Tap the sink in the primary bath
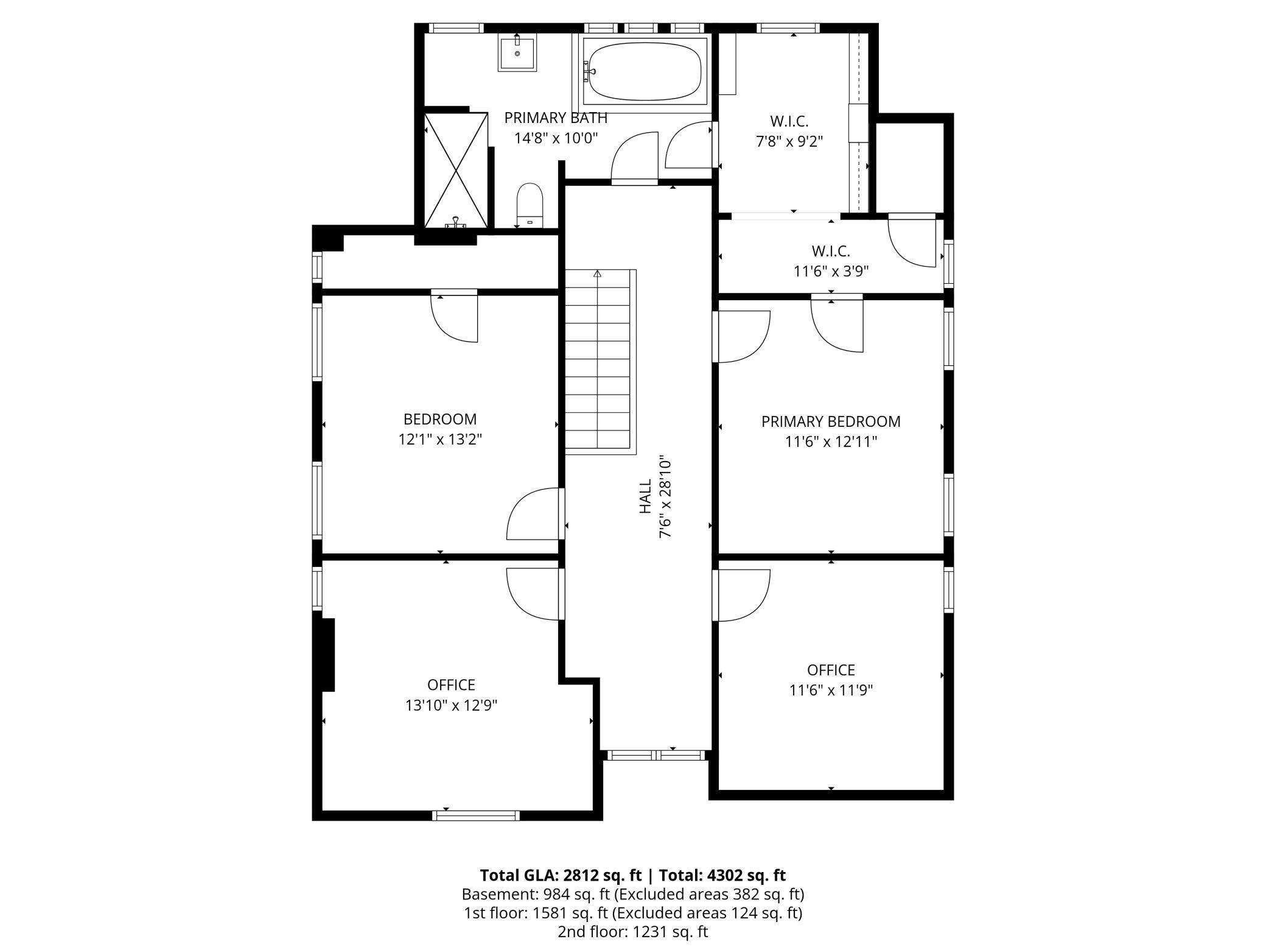click(x=517, y=54)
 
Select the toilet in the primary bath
click(x=530, y=205)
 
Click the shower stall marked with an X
click(x=456, y=170)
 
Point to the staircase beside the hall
click(x=600, y=362)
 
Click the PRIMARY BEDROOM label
click(x=830, y=421)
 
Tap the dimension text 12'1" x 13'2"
click(x=440, y=439)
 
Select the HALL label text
click(x=645, y=496)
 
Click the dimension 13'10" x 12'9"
click(x=451, y=705)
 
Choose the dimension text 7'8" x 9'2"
click(x=789, y=141)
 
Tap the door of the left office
click(x=533, y=593)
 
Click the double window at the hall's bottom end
click(x=656, y=755)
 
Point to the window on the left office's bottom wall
click(x=476, y=815)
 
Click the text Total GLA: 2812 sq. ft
click(x=560, y=875)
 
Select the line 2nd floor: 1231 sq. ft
click(x=632, y=932)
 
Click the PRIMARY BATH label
click(x=555, y=118)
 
